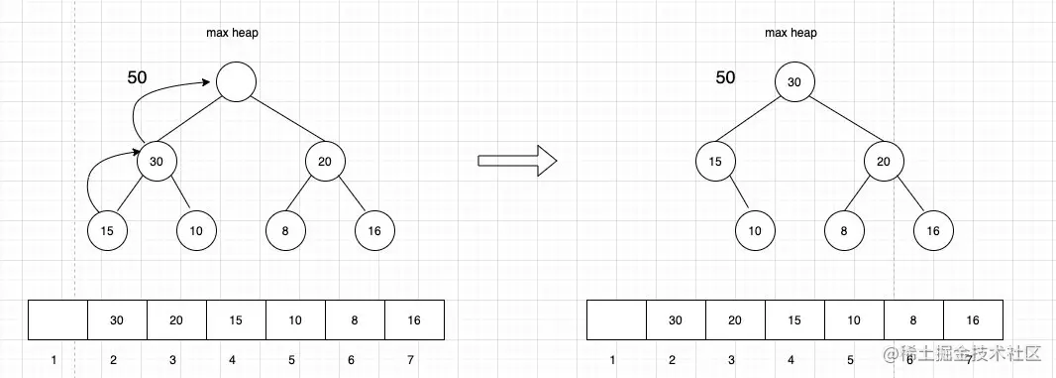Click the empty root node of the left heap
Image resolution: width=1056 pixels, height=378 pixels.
point(236,81)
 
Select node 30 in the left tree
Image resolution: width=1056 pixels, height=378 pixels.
point(157,161)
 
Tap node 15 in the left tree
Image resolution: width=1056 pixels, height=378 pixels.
point(107,230)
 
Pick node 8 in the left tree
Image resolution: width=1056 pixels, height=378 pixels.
point(285,230)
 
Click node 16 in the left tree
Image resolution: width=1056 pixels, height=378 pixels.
point(374,230)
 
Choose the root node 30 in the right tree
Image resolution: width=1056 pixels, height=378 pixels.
point(794,81)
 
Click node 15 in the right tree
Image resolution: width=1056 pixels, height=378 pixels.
point(715,161)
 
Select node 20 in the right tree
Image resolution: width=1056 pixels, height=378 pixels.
point(884,161)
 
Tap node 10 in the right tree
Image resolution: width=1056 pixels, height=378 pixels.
point(755,230)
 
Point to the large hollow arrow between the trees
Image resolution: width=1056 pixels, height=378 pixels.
point(516,161)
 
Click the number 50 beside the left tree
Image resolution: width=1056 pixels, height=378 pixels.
point(139,77)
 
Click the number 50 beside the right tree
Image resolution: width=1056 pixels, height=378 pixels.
point(726,77)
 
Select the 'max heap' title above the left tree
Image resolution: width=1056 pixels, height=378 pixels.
point(233,33)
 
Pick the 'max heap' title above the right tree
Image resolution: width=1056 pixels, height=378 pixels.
point(791,33)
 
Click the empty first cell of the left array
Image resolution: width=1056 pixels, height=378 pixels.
point(58,319)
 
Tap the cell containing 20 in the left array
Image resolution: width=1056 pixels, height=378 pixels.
point(176,319)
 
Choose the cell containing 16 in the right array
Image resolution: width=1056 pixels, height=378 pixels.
point(973,319)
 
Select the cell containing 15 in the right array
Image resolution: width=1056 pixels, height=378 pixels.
point(794,319)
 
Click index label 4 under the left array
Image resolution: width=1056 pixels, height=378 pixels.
point(232,359)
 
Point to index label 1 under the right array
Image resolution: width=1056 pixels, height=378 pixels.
point(612,359)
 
